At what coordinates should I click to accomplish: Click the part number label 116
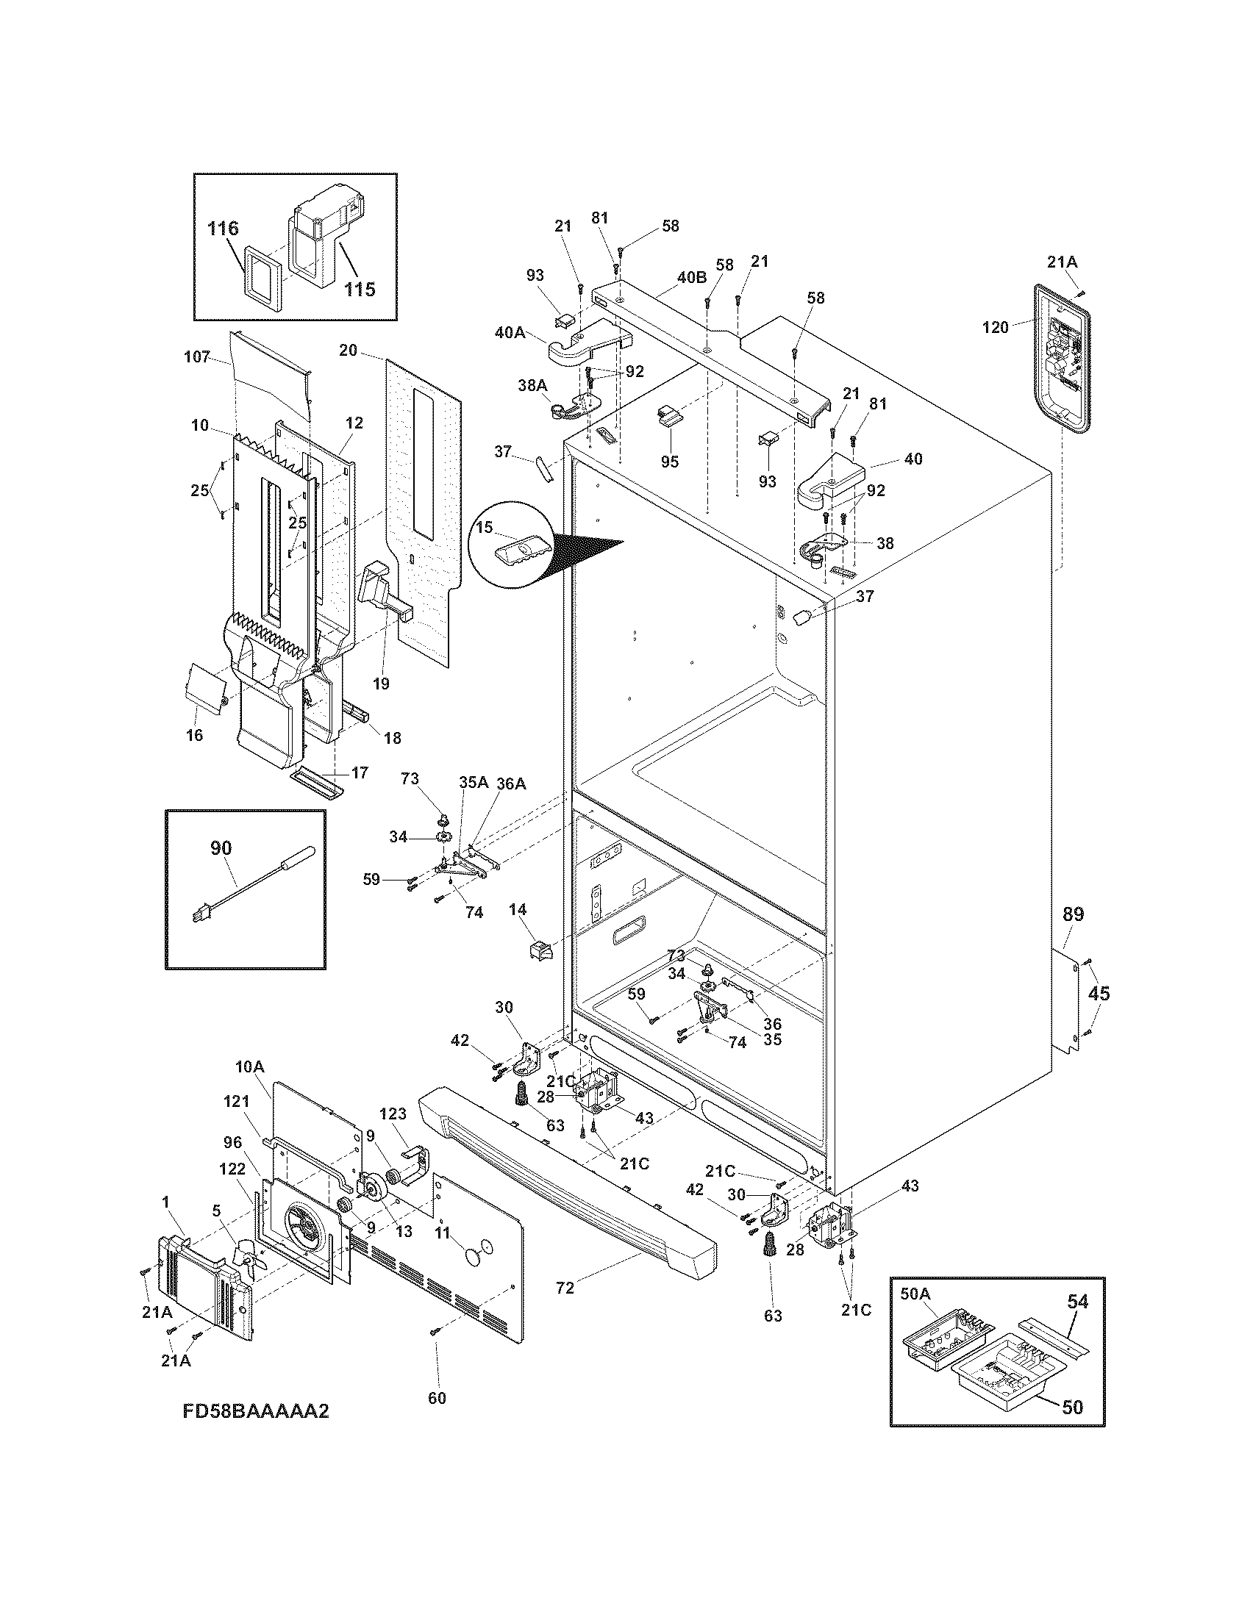click(x=223, y=229)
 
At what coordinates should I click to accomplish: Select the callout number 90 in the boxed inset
click(x=221, y=848)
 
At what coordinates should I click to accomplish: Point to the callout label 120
click(x=995, y=326)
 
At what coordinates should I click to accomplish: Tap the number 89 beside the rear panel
click(x=1073, y=914)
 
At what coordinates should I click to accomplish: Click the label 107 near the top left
click(x=197, y=356)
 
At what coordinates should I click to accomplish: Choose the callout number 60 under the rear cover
click(x=437, y=1398)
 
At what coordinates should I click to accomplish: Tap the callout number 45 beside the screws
click(x=1099, y=994)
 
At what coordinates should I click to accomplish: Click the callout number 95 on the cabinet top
click(x=670, y=462)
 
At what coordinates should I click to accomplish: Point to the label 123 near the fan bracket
click(x=393, y=1133)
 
